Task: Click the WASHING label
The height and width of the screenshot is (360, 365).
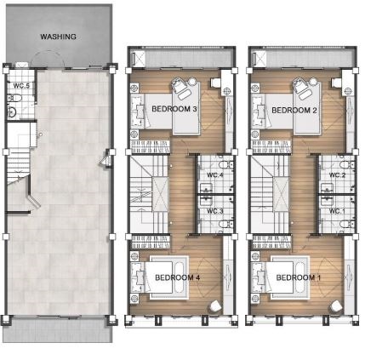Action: point(58,37)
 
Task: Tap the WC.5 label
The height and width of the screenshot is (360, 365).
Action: point(21,85)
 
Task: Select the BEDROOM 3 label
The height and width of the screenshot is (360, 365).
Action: point(174,109)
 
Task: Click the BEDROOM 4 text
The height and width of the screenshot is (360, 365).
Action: point(178,277)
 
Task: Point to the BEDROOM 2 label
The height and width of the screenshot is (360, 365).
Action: point(294,110)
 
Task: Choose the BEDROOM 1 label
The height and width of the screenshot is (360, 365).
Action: point(299,277)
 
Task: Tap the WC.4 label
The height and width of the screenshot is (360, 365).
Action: point(215,174)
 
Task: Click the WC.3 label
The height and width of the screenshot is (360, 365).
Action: point(215,211)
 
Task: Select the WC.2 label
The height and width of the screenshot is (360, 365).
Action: point(337,175)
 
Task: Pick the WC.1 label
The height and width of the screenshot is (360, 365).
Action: point(337,211)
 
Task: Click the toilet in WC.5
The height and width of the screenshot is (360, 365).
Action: point(14,99)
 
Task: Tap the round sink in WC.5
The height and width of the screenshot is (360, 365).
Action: point(12,112)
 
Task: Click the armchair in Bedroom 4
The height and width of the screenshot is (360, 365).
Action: point(214,306)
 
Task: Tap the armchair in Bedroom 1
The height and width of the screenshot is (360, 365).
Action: point(336,306)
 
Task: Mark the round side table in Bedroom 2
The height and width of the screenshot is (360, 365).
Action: point(313,82)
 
